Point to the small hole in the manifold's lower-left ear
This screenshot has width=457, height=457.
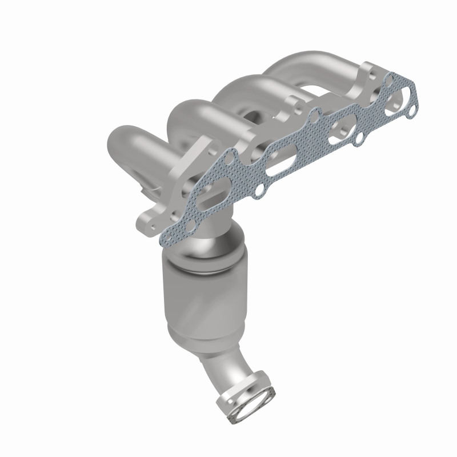(150, 219)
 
